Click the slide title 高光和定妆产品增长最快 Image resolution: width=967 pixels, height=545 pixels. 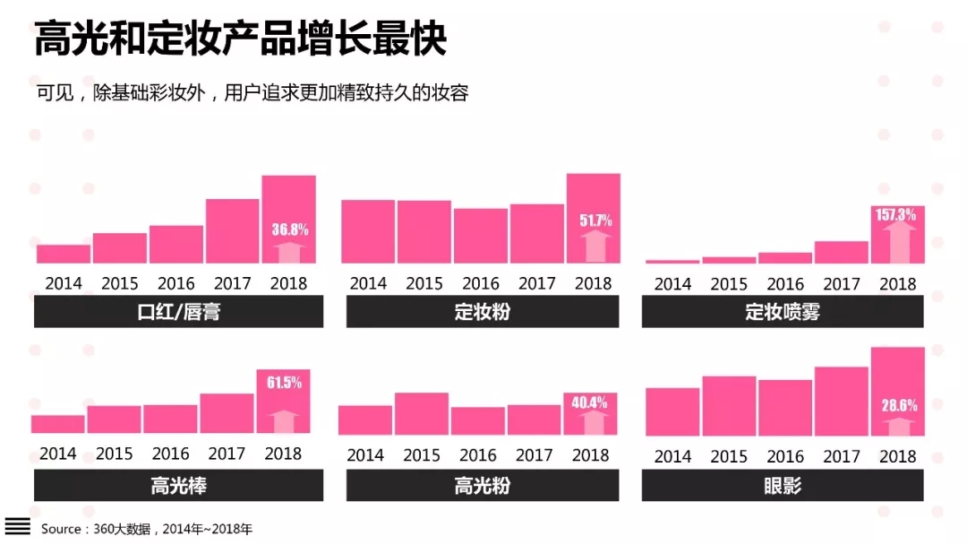(x=240, y=40)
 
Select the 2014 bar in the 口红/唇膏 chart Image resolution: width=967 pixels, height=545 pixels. (x=64, y=254)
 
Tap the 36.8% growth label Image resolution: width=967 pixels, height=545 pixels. (x=290, y=229)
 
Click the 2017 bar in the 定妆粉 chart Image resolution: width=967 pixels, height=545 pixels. (x=537, y=233)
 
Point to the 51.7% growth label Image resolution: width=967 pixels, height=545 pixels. (x=595, y=220)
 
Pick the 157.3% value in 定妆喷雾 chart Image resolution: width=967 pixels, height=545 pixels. (x=897, y=215)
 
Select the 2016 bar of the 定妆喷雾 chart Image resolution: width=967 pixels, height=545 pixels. (x=785, y=257)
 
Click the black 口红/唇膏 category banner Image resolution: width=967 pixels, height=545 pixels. (x=179, y=312)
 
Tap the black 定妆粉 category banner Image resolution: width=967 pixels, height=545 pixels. (x=483, y=312)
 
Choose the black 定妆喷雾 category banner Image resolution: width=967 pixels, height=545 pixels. (x=783, y=312)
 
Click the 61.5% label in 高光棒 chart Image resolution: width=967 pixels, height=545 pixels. (x=284, y=383)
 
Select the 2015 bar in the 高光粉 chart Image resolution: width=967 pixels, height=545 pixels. (x=422, y=414)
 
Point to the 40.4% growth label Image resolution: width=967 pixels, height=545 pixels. (x=590, y=402)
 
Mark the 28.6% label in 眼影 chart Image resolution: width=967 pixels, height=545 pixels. (x=898, y=405)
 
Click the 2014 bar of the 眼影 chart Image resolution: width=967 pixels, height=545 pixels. (x=672, y=411)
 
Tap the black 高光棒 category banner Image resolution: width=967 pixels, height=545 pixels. (x=179, y=486)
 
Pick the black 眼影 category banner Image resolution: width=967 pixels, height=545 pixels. (x=783, y=486)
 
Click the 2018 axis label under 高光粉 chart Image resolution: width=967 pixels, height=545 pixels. (x=590, y=455)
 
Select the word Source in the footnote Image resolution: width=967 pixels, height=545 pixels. (x=61, y=529)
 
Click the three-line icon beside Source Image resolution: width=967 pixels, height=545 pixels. (x=17, y=526)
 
